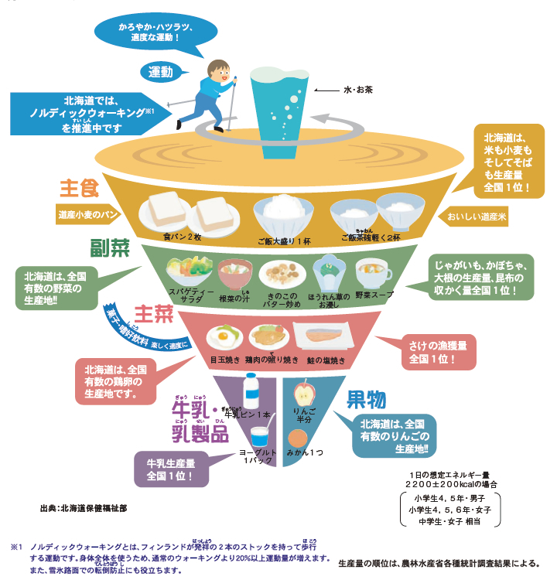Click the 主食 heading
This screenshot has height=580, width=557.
tap(79, 188)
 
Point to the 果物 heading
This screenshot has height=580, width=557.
tap(365, 399)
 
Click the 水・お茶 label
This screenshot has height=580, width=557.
tap(358, 90)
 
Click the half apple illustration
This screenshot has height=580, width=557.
tap(302, 388)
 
